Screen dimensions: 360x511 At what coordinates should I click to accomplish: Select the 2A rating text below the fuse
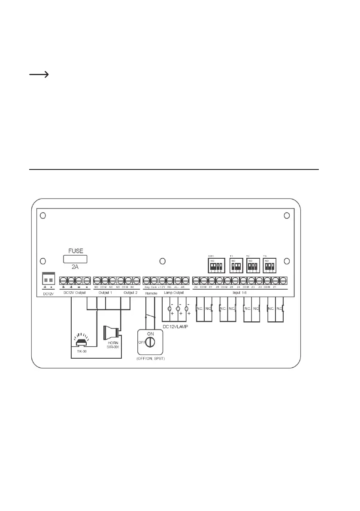tap(75, 266)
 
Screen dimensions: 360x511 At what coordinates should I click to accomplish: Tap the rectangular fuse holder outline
tap(76, 258)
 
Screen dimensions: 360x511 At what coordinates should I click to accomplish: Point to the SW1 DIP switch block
tap(215, 265)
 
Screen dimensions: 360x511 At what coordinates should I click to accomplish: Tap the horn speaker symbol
tap(111, 333)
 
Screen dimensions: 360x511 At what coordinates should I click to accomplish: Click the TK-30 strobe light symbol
tap(81, 342)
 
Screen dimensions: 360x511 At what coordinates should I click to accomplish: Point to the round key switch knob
tap(150, 342)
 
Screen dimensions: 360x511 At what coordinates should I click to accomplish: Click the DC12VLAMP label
tap(176, 327)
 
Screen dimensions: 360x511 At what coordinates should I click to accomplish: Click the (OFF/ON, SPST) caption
tap(151, 358)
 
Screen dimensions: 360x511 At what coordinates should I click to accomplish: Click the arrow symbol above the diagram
tap(38, 75)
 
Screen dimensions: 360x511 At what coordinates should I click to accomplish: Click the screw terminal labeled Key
tap(147, 281)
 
